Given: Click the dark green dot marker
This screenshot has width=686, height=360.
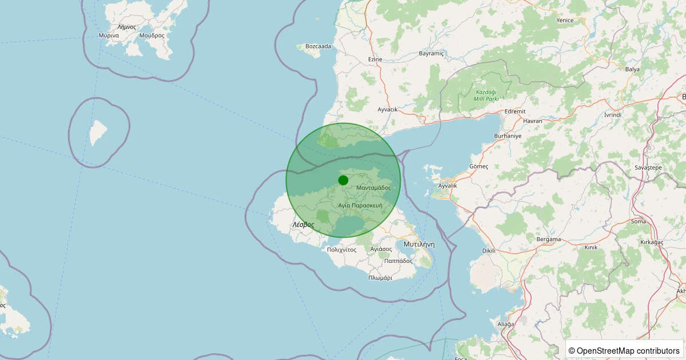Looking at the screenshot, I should [x=343, y=180].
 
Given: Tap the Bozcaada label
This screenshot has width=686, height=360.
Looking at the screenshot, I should [x=318, y=46].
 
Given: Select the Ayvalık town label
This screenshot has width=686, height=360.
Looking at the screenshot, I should [x=447, y=186].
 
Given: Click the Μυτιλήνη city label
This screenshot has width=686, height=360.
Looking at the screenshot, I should [x=419, y=243].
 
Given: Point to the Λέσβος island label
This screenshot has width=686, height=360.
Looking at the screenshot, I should [x=303, y=225].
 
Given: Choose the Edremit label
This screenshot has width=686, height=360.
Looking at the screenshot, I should [x=514, y=111].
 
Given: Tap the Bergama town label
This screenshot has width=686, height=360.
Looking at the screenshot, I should [x=549, y=239].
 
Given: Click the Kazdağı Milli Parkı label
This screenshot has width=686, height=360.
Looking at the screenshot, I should [x=486, y=95].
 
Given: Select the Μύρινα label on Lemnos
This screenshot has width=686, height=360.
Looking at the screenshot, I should [x=109, y=35].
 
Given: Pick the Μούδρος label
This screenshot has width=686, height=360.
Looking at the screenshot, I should [x=151, y=35].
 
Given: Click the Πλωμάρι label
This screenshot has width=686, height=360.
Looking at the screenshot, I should [x=380, y=278].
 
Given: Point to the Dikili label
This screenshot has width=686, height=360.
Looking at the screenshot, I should [x=489, y=250].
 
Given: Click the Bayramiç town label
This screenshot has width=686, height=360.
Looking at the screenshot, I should [x=431, y=53].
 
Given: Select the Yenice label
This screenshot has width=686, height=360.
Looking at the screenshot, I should [x=565, y=21].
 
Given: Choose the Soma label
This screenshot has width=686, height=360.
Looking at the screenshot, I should [x=638, y=221].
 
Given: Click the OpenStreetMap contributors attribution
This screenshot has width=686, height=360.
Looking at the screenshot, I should [x=624, y=350].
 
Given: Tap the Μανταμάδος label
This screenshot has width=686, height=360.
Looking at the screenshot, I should [x=373, y=187].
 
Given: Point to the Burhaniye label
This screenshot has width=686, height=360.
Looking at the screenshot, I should [x=508, y=136].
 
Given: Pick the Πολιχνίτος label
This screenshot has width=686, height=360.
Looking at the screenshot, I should [x=341, y=250].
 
